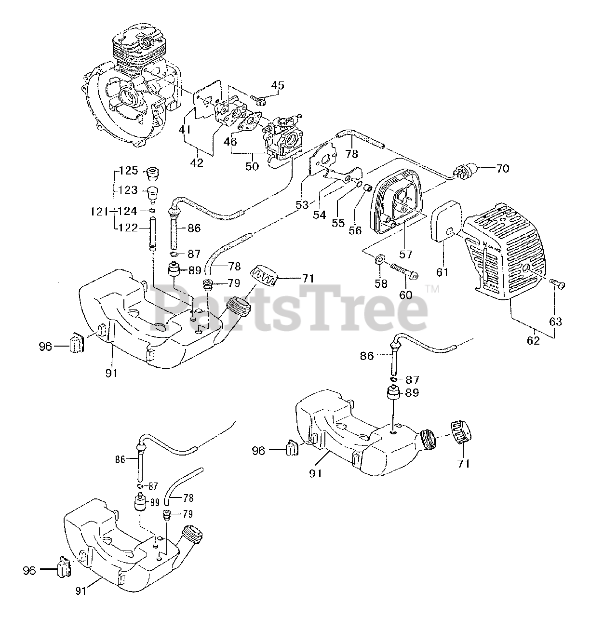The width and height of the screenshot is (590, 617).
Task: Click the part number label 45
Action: [277, 86]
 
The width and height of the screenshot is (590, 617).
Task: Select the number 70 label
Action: [502, 169]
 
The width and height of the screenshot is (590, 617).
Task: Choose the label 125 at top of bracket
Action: [129, 171]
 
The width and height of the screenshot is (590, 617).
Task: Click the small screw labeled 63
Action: [559, 284]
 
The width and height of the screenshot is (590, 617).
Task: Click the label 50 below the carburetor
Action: [252, 166]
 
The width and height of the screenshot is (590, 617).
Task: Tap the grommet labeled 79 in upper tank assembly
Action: [209, 283]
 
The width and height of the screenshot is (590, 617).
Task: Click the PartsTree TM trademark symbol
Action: [432, 290]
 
